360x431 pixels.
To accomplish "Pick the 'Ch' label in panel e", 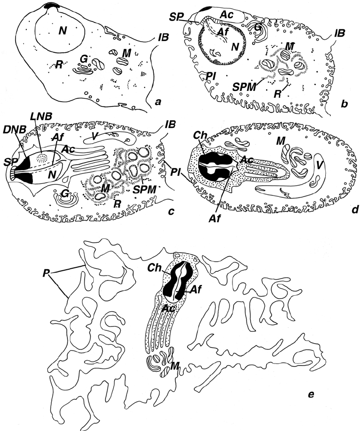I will click(156, 267).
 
